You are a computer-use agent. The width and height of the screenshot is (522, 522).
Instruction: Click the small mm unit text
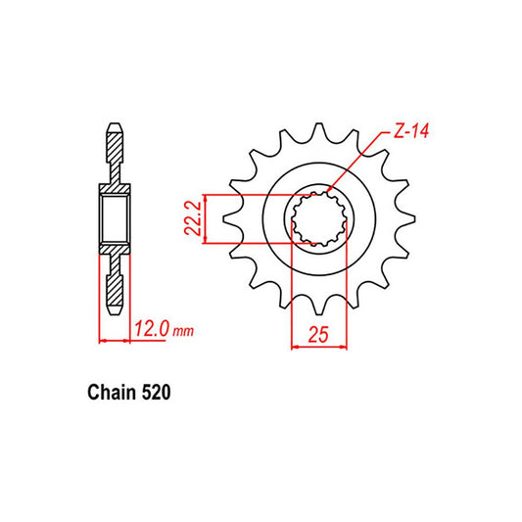pyautogui.click(x=183, y=333)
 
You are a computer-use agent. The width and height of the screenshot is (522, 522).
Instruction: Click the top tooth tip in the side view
pyautogui.click(x=113, y=128)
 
